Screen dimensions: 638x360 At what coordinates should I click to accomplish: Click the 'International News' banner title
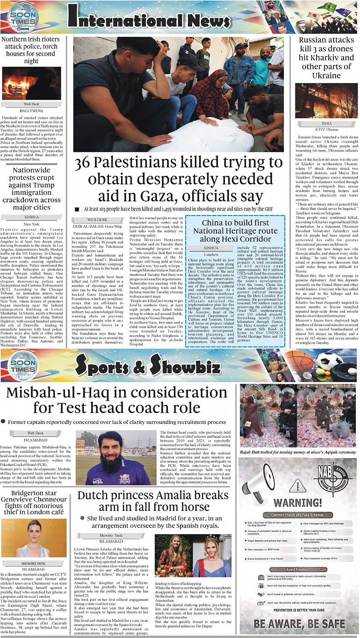(149, 18)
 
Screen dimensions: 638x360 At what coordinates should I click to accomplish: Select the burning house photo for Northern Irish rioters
(31, 83)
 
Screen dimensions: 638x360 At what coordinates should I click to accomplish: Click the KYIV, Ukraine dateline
(326, 129)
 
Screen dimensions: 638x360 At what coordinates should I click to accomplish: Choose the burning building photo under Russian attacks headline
(326, 100)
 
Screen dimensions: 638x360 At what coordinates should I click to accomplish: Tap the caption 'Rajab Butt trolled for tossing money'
(298, 452)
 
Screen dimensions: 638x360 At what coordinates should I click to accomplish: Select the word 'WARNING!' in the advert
(298, 503)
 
